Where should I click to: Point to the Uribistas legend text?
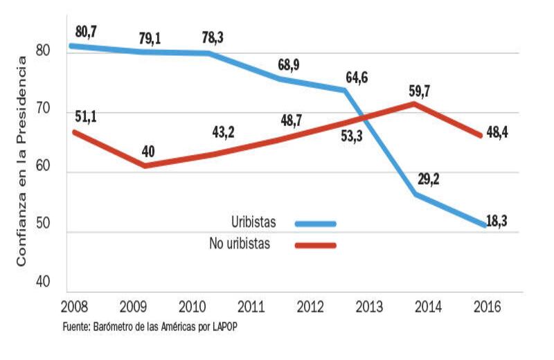[x=253, y=222]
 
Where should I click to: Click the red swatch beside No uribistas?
[x=315, y=244]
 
